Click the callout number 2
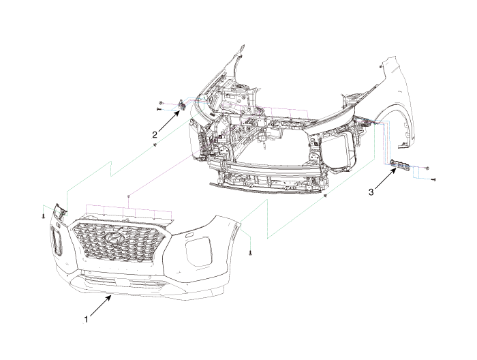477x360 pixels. pyautogui.click(x=155, y=134)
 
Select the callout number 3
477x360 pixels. pyautogui.click(x=371, y=193)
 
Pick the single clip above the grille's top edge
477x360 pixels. pyautogui.click(x=129, y=196)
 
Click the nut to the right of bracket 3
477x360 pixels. pyautogui.click(x=427, y=167)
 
